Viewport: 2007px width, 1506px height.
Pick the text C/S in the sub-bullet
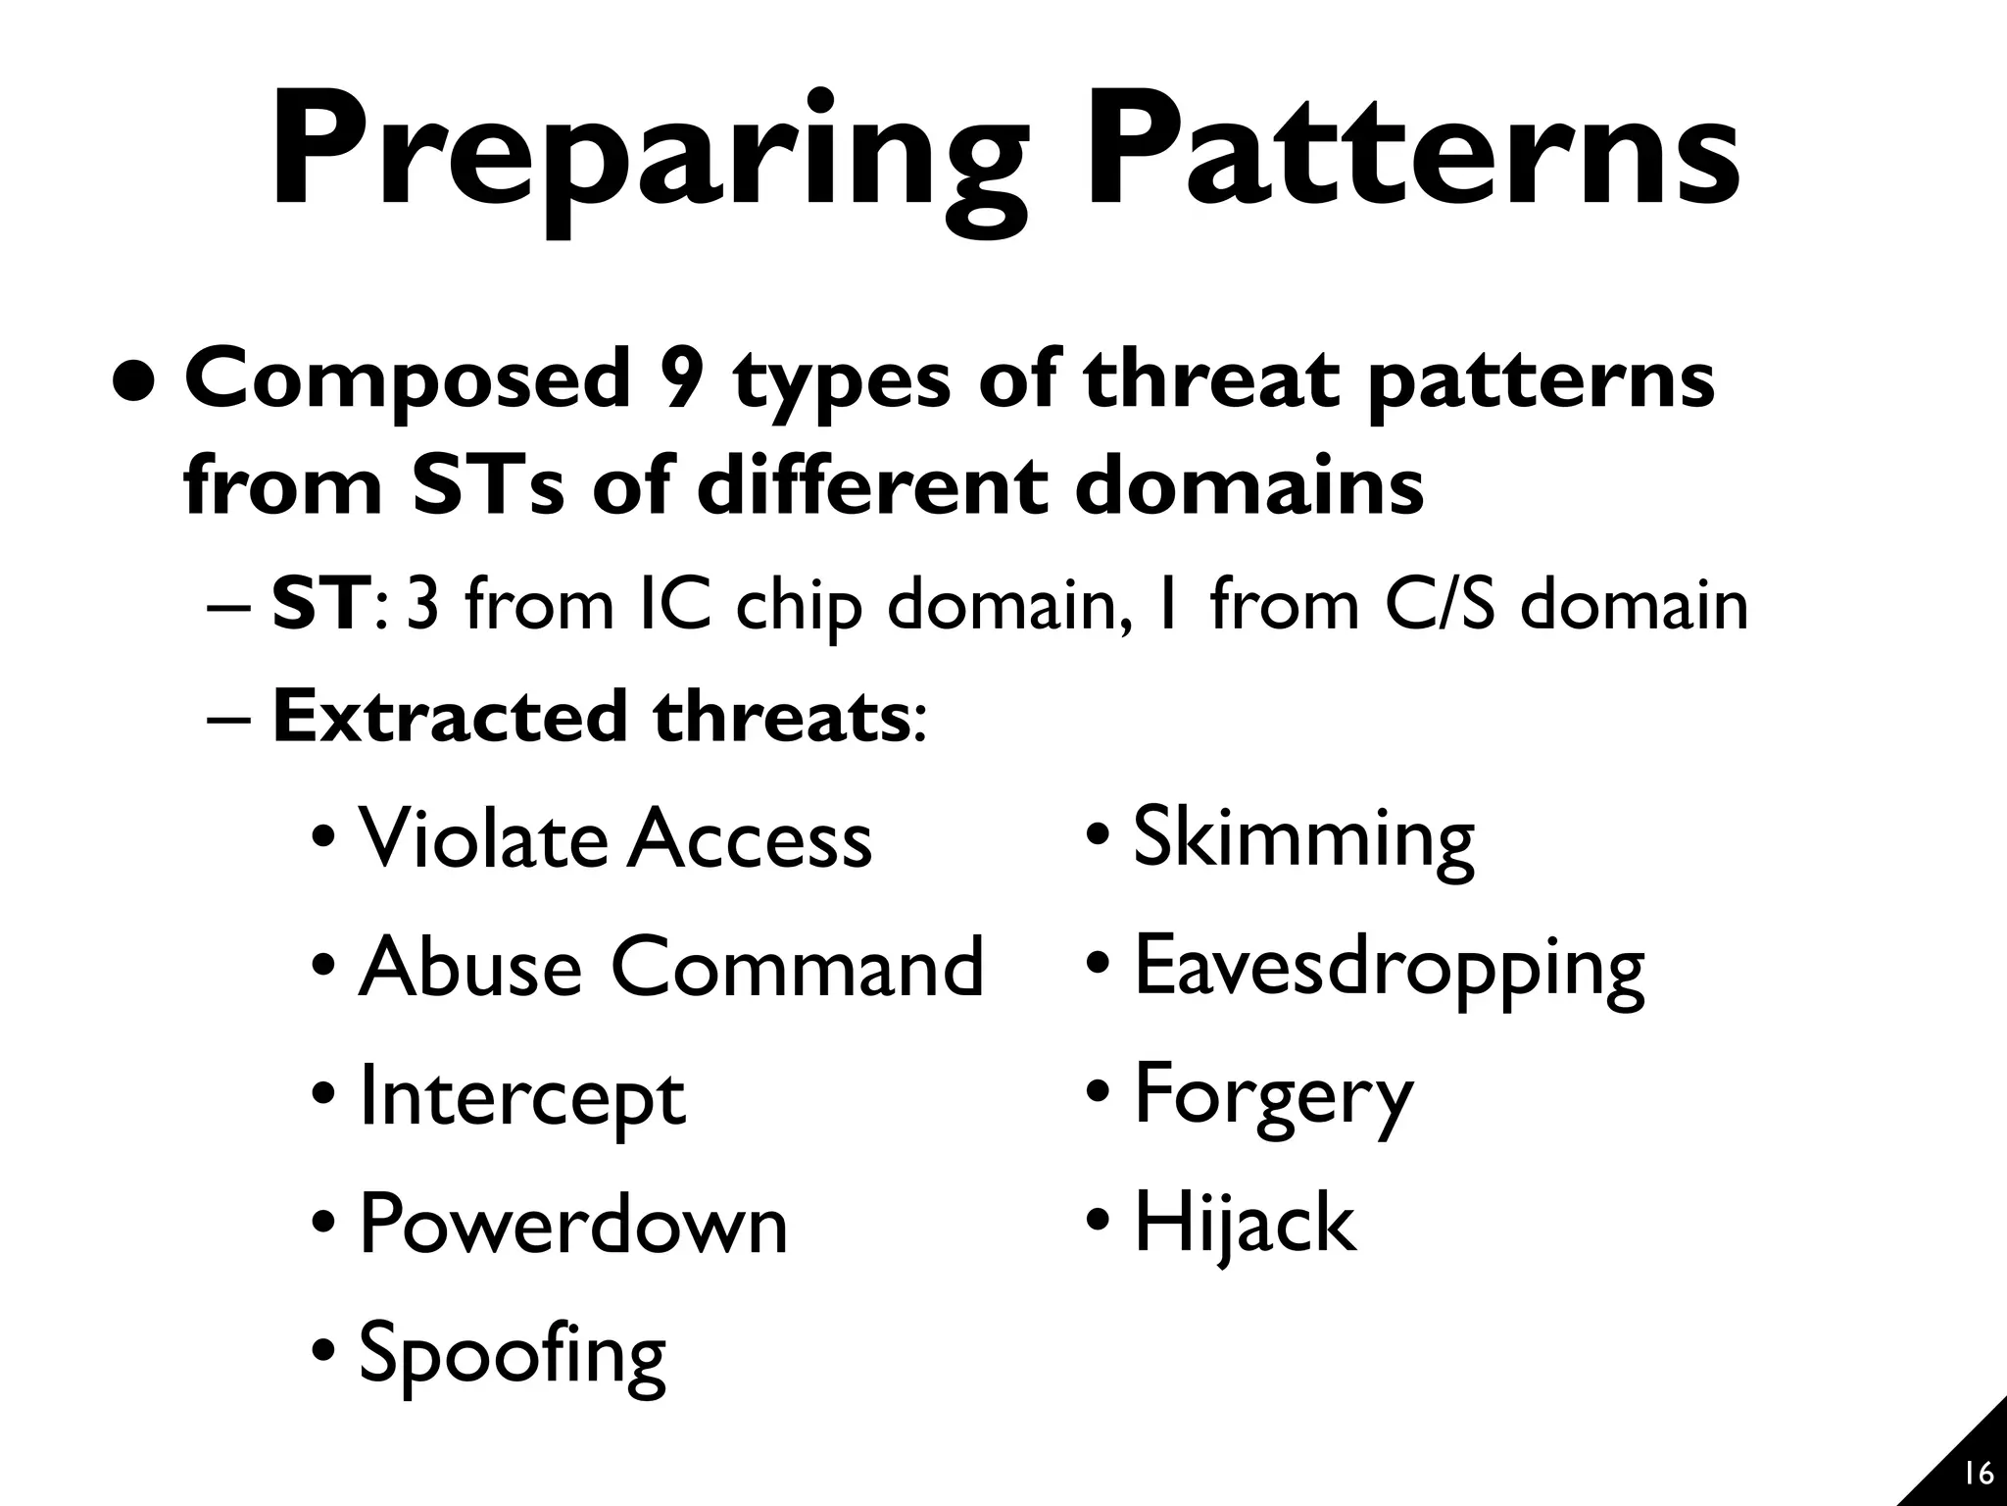pyautogui.click(x=1440, y=605)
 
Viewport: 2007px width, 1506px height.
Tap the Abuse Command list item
pyautogui.click(x=670, y=967)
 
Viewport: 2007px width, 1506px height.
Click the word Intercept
pyautogui.click(x=522, y=1098)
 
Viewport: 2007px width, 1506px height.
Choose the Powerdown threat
pyautogui.click(x=573, y=1225)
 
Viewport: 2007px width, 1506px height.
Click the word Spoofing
pyautogui.click(x=513, y=1354)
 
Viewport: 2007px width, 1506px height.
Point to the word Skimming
pyautogui.click(x=1303, y=839)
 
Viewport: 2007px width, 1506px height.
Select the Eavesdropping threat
pyautogui.click(x=1389, y=969)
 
